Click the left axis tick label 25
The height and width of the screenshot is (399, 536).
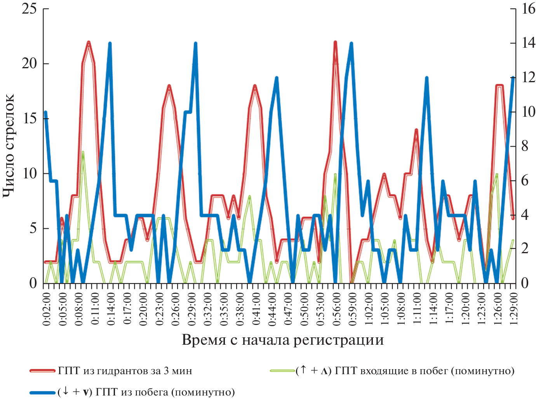[x=29, y=9]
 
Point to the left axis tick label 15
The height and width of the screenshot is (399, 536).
[x=30, y=118]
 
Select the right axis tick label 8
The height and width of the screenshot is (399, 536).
[x=525, y=146]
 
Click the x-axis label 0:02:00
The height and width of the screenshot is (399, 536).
[x=47, y=309]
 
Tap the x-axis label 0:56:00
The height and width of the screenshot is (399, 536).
[x=336, y=309]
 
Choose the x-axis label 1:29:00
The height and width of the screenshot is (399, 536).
[x=513, y=309]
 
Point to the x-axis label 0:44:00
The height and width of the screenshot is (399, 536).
[x=272, y=309]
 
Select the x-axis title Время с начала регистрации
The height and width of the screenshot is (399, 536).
[x=282, y=340]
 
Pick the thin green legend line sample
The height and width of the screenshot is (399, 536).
[x=282, y=371]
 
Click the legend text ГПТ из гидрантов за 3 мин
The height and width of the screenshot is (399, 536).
[x=125, y=371]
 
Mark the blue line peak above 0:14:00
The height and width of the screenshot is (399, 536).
[x=110, y=43]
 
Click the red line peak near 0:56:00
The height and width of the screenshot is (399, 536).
[x=335, y=42]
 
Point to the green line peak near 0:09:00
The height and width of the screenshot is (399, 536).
[x=83, y=152]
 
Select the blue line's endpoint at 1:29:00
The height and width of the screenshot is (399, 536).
[x=513, y=78]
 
